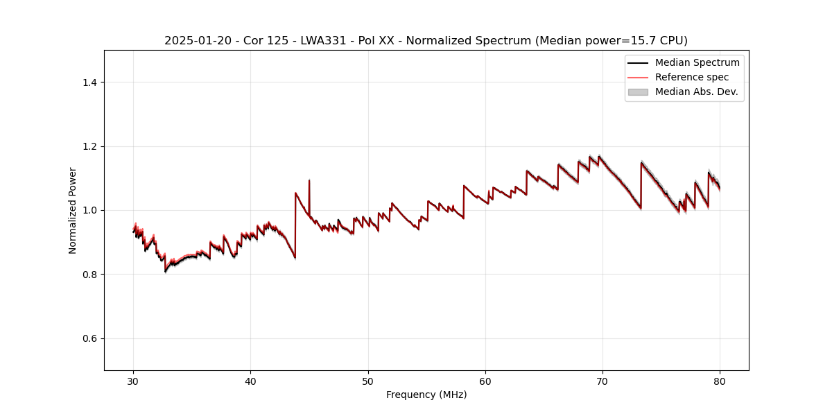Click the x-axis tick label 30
pos(134,381)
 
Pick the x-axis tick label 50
pos(368,381)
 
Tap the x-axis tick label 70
pos(603,381)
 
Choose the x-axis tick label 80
pos(720,381)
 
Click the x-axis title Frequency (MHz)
pos(426,395)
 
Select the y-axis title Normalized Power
pos(73,210)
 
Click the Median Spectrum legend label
pos(697,62)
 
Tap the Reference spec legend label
pos(692,77)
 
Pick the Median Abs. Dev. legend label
pos(696,92)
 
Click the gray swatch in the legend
pos(638,92)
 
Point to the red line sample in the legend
pos(638,77)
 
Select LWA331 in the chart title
pos(326,41)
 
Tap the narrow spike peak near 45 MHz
pos(309,180)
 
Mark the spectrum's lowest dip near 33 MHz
pos(165,271)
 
